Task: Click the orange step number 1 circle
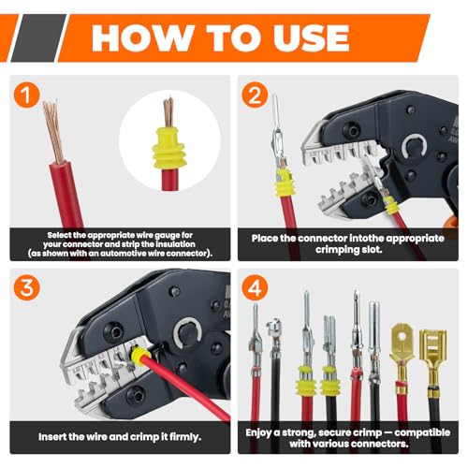click(x=26, y=95)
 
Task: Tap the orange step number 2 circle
click(x=255, y=95)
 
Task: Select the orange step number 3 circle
click(x=26, y=287)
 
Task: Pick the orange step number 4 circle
click(x=255, y=287)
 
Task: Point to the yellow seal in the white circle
click(x=168, y=148)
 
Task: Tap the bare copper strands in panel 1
click(x=52, y=132)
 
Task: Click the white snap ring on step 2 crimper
click(x=415, y=146)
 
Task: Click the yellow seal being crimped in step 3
click(x=140, y=357)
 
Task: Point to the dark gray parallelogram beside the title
click(x=38, y=38)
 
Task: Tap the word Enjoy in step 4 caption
click(x=258, y=433)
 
